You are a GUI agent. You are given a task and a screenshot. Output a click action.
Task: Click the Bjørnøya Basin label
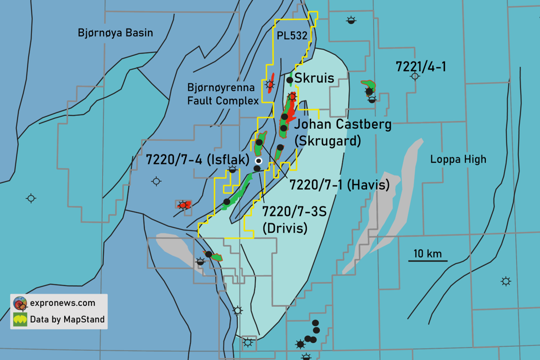pos(115,33)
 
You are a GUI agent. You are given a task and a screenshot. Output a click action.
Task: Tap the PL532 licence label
pos(292,36)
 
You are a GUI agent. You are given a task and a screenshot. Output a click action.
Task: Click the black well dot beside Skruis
pos(289,80)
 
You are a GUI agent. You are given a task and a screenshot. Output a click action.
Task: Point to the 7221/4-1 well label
pos(420,66)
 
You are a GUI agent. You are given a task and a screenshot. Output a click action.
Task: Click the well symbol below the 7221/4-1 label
pos(415,77)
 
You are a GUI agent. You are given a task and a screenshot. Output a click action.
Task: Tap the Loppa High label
pos(458,159)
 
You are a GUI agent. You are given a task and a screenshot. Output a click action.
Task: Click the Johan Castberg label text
pos(343,125)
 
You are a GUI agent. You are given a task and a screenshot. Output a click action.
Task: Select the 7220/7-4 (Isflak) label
pos(198,160)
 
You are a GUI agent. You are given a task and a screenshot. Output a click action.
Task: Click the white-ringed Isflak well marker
pos(259,161)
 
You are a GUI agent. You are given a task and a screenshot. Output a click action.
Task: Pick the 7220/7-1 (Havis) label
pos(339,185)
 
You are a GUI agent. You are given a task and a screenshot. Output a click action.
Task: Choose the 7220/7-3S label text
pos(294,211)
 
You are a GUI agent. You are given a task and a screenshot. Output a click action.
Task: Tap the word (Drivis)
pos(285,228)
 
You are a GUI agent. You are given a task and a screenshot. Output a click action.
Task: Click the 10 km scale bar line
pos(428,260)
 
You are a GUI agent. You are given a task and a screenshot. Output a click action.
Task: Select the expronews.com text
pos(62,303)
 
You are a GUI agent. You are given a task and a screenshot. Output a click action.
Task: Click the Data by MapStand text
pos(67,319)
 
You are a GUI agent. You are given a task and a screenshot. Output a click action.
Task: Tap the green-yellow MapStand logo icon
pos(20,319)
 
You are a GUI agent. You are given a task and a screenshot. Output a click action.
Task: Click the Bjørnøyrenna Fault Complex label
pos(223,94)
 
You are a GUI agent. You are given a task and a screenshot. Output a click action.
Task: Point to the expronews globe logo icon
pos(20,303)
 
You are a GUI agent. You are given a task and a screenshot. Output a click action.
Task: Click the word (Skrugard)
pos(328,141)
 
